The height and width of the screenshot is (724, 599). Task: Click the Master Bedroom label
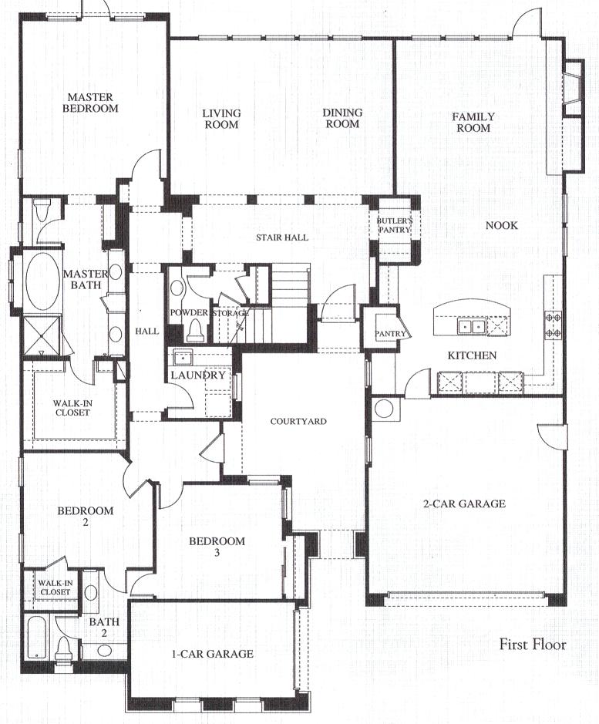[90, 103]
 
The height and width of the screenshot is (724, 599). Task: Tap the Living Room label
[222, 119]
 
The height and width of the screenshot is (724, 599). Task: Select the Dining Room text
[342, 118]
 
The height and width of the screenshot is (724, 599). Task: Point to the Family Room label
[473, 123]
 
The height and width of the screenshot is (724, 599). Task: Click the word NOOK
[502, 225]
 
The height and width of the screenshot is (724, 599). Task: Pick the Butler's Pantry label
[395, 225]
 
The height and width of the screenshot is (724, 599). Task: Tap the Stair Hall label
[282, 237]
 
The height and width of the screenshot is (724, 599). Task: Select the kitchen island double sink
[471, 326]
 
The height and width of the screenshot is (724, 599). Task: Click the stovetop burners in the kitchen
[554, 325]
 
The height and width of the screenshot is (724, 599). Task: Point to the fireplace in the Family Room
[573, 88]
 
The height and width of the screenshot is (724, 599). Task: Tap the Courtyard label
[298, 421]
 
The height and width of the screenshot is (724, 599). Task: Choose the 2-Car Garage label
[464, 503]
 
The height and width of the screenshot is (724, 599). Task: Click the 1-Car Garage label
[213, 654]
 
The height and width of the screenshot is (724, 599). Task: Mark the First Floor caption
[533, 644]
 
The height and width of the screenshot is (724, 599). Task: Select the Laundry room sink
[183, 358]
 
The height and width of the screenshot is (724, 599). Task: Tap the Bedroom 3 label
[217, 546]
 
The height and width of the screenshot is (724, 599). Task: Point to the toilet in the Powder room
[194, 329]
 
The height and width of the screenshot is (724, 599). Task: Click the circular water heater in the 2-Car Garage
[384, 409]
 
